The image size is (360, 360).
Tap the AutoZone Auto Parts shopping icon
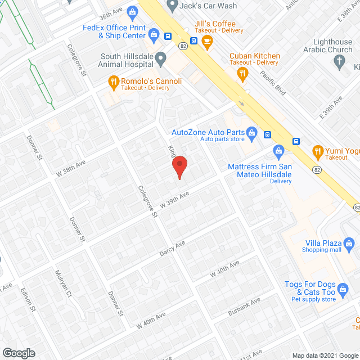252,133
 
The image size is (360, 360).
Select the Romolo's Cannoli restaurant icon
114,82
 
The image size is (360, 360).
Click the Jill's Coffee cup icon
207,40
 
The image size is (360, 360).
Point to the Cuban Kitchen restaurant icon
244,73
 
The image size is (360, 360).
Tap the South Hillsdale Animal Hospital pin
161,57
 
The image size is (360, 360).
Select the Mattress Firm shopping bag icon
278,151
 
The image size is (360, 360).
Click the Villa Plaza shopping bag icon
349,243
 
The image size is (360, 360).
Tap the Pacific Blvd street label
273,79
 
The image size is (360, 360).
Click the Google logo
18,353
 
